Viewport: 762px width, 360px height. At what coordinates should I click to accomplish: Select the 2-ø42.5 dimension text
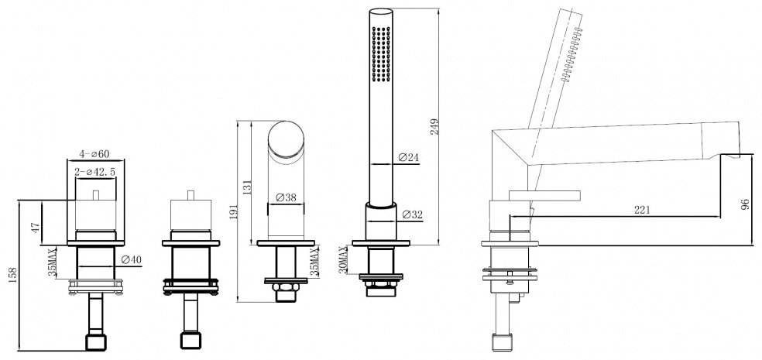click(x=95, y=172)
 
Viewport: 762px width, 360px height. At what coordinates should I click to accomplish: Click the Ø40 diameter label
click(x=131, y=259)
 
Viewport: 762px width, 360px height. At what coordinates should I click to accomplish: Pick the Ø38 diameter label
click(x=286, y=197)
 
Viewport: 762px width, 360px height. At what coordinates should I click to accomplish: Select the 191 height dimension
click(x=232, y=211)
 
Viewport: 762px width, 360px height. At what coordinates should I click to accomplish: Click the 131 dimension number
click(x=246, y=187)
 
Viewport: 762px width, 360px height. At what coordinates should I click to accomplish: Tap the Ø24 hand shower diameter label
click(x=408, y=157)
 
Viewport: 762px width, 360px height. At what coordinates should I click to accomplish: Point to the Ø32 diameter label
click(x=413, y=214)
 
